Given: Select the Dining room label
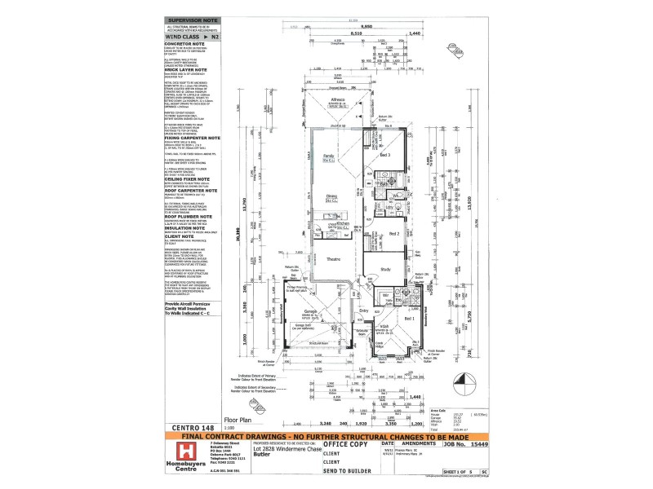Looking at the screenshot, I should [x=332, y=196].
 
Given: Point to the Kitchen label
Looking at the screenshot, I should [x=344, y=223].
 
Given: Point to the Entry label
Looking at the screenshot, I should [x=364, y=311].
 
